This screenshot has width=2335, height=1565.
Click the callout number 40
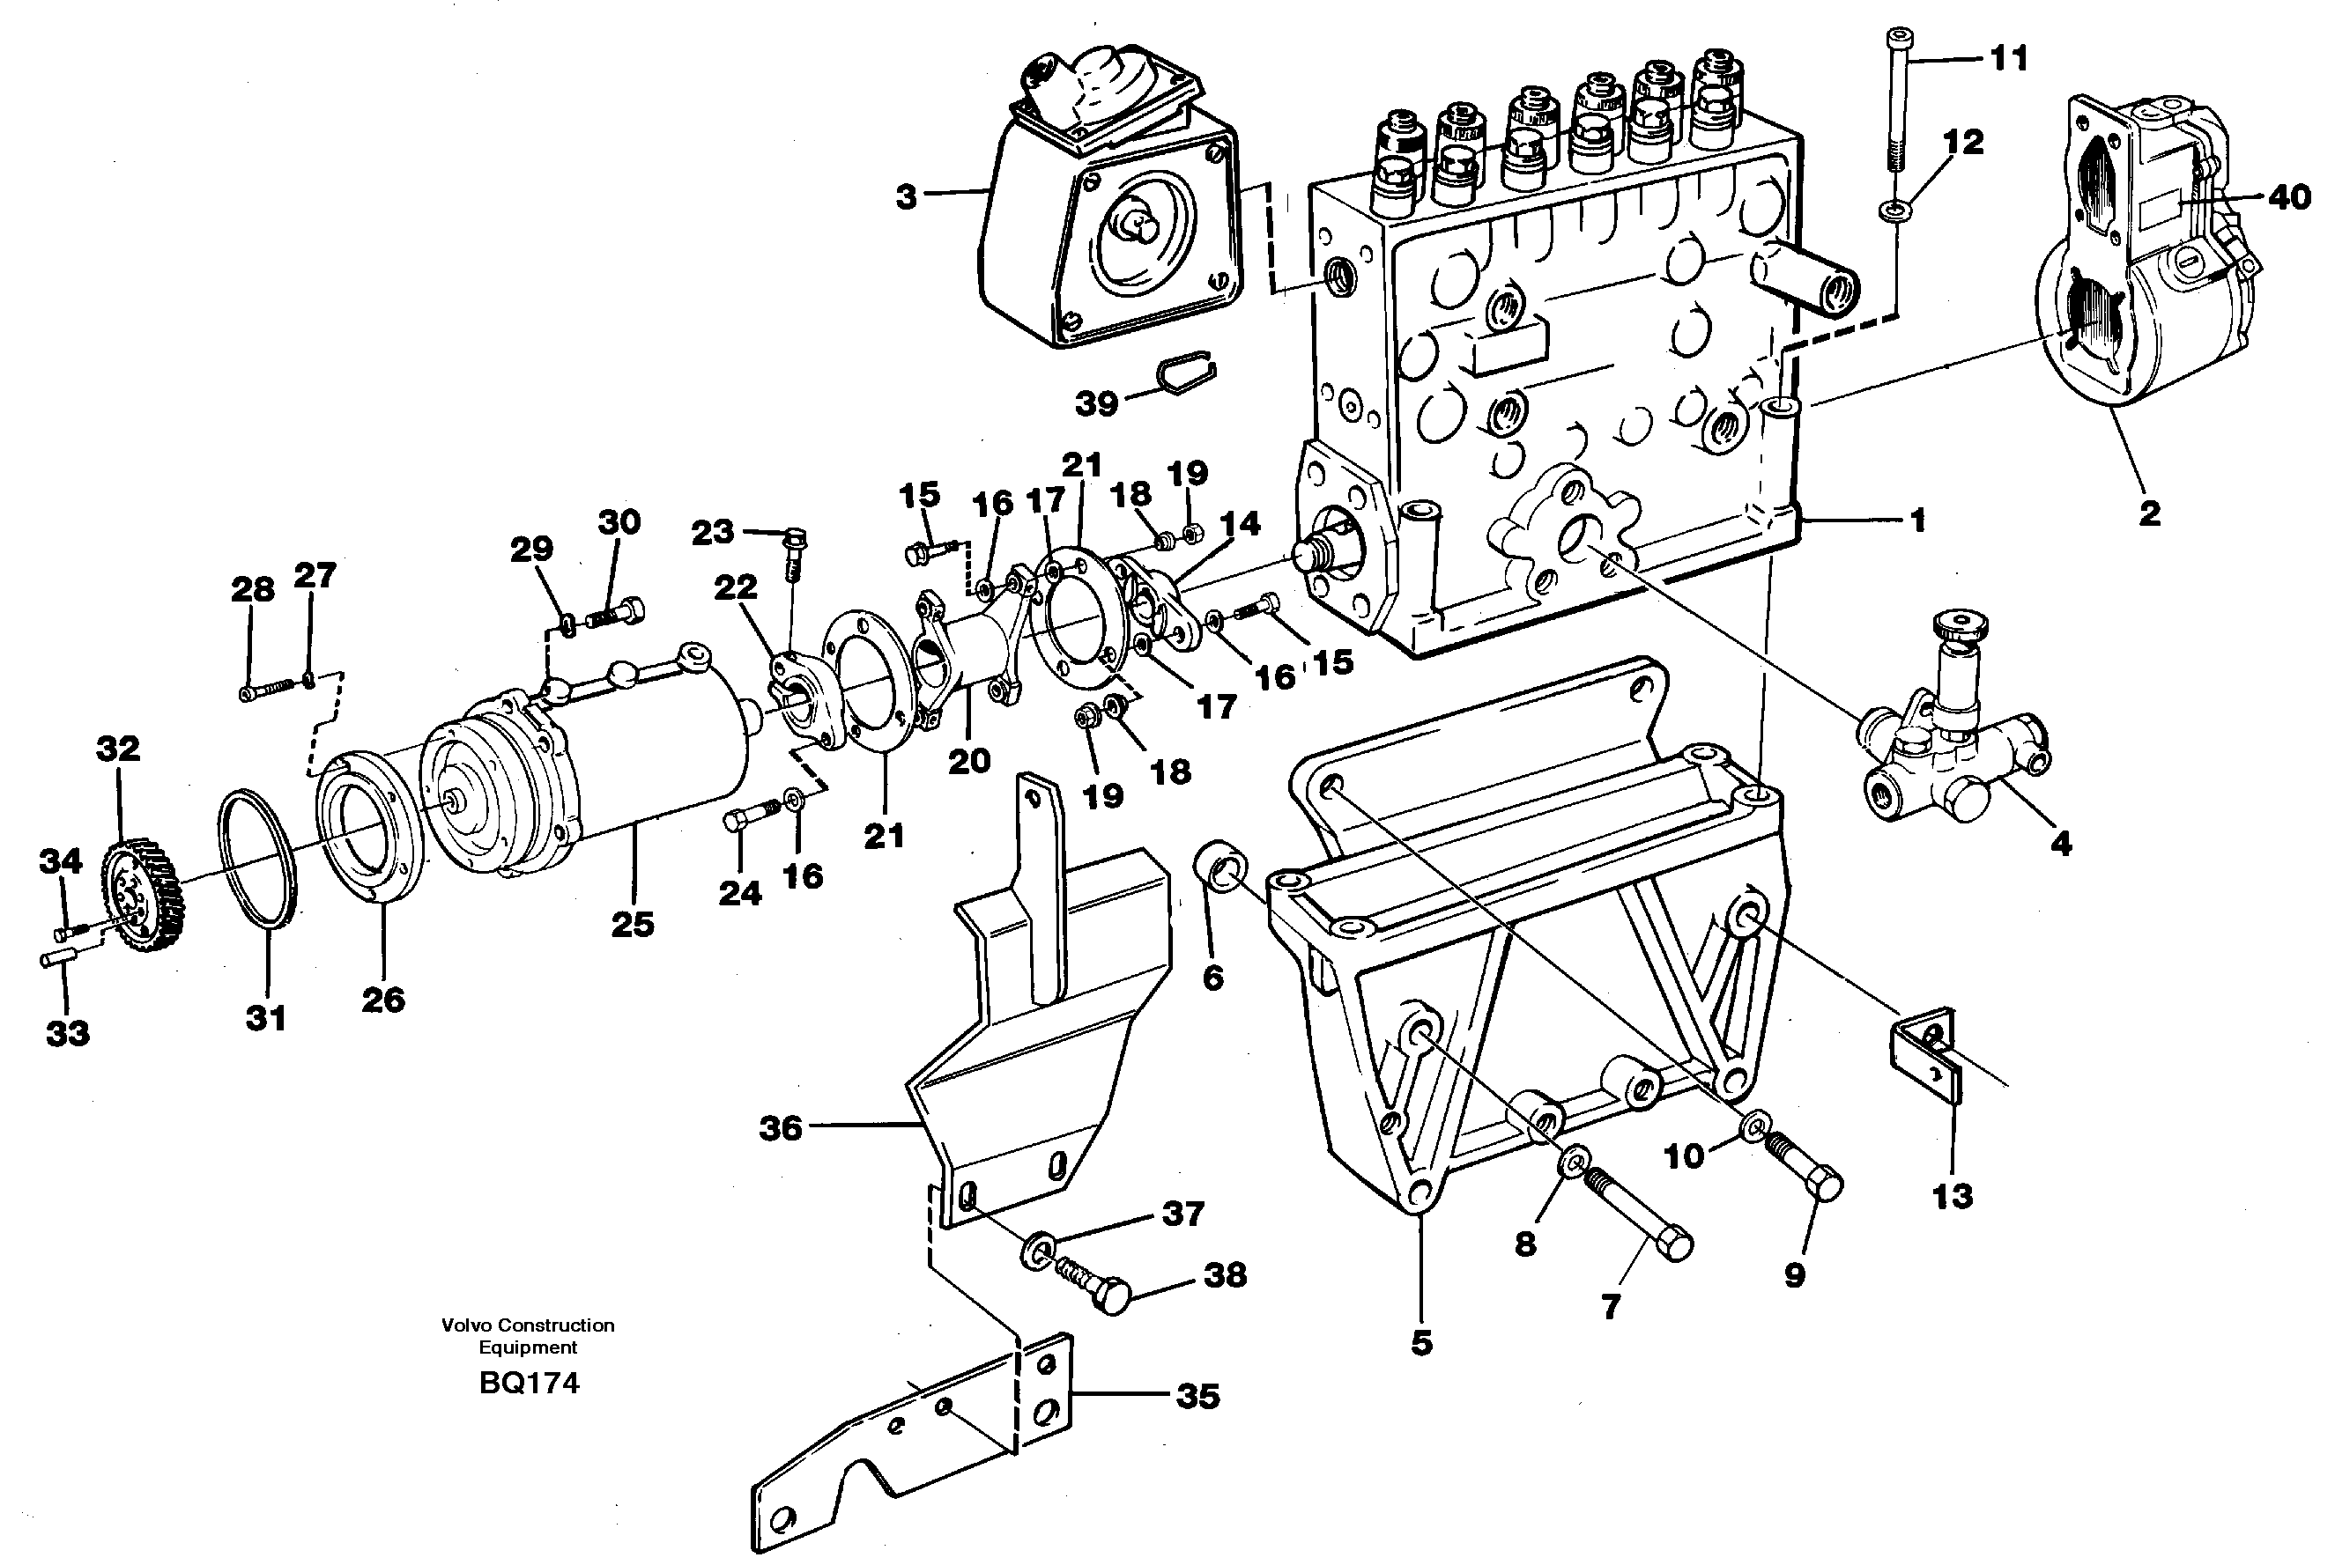point(2289,196)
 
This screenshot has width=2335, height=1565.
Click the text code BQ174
point(528,1383)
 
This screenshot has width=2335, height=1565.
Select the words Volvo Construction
point(527,1325)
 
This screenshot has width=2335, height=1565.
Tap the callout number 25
point(632,923)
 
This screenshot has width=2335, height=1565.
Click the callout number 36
point(780,1129)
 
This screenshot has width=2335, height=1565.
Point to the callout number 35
point(1197,1395)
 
